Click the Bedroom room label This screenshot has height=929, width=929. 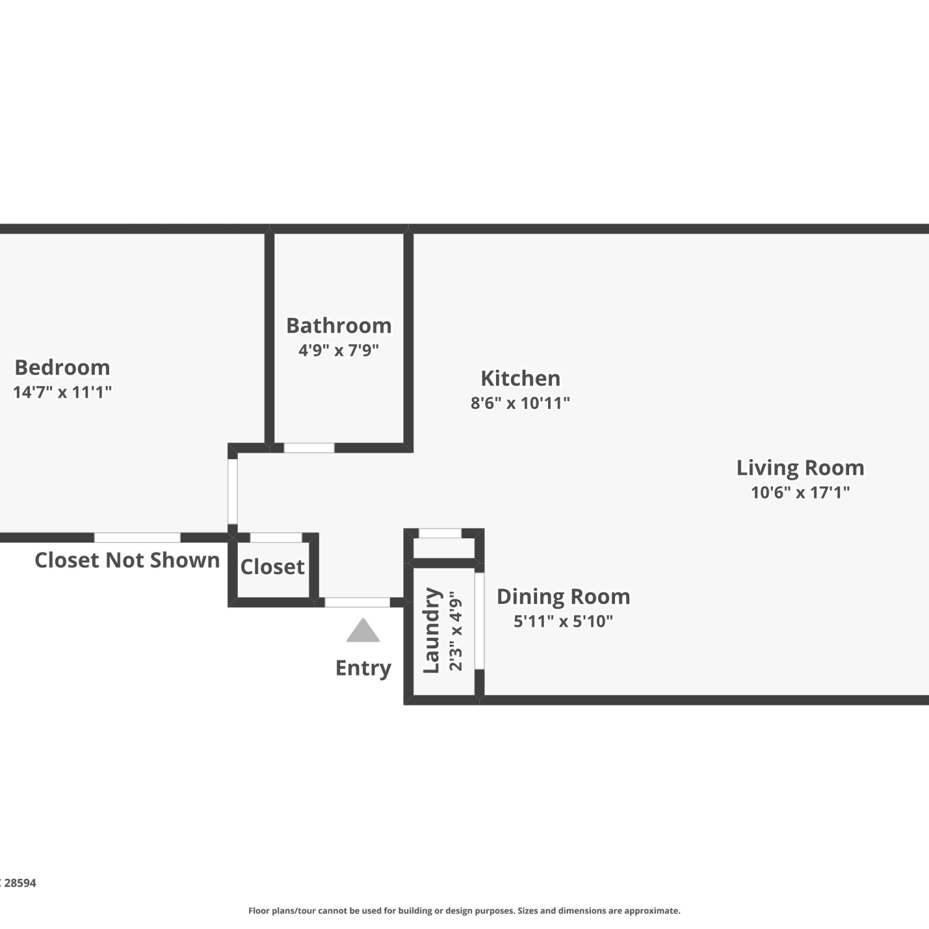point(63,367)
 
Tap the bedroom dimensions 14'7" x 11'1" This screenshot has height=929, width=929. point(63,392)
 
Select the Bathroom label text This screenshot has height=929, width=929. point(339,325)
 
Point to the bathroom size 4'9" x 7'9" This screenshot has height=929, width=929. point(339,350)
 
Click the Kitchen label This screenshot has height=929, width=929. point(520,378)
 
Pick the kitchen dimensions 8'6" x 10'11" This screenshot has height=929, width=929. point(520,403)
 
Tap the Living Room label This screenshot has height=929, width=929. point(800,468)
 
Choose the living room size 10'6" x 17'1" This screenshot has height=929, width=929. point(800,492)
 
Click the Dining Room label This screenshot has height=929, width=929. point(564,596)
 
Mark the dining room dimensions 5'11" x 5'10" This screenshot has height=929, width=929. point(564,621)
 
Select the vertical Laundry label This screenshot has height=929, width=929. point(432,630)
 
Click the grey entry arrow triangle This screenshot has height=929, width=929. point(363,630)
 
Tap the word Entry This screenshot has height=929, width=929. point(364,668)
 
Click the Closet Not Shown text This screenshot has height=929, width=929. point(127,560)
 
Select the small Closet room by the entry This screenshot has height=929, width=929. point(273,567)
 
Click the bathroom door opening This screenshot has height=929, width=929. point(309,448)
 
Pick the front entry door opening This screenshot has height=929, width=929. point(357,602)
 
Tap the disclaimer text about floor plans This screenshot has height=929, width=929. point(464,910)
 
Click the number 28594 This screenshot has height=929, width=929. point(20,883)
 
